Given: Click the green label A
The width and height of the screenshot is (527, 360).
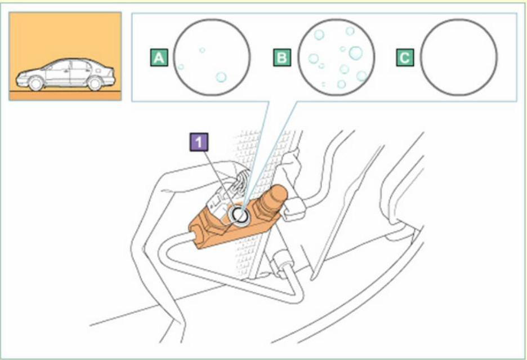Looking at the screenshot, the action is click(159, 57).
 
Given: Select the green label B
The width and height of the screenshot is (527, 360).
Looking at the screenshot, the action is click(282, 57).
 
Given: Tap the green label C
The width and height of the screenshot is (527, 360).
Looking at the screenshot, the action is click(405, 57).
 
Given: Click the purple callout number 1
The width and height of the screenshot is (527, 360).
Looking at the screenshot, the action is click(199, 142).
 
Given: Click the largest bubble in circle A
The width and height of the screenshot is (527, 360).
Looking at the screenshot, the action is click(221, 77).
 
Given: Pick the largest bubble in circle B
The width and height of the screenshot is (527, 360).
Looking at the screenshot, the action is click(356, 53).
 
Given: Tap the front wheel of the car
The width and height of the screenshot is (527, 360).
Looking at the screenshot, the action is click(36, 83).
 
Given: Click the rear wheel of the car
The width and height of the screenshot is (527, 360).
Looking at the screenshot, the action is click(95, 83).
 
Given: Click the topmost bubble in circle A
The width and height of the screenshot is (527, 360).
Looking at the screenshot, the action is click(202, 50).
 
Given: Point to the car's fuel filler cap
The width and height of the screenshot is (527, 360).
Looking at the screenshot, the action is click(98, 70).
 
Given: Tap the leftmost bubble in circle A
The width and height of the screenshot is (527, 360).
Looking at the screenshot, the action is click(181, 66).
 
